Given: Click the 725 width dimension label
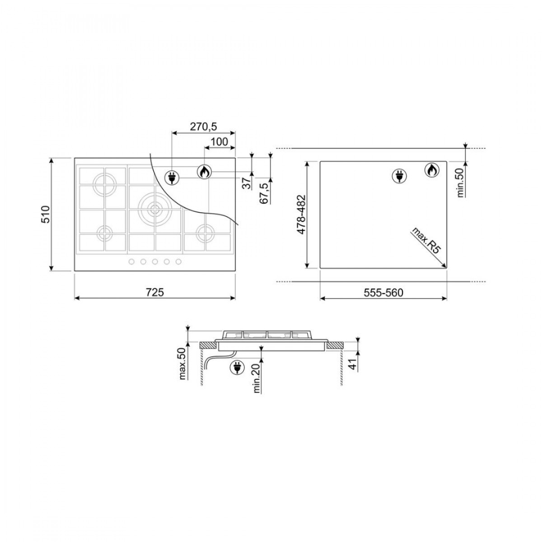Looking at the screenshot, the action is coord(155,292).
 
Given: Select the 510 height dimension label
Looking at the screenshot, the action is coord(46,215).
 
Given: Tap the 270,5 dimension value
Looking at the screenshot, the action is coord(203,127).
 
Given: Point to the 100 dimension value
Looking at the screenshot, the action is coord(219,142).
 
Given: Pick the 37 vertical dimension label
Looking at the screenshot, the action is coord(247,183).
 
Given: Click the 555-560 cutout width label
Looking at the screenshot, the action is coord(383,293).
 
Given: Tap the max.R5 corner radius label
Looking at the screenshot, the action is coord(425,241).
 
